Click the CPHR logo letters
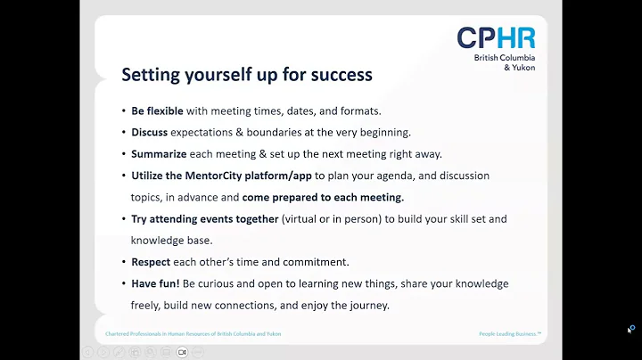tap(496, 38)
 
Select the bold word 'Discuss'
tap(149, 132)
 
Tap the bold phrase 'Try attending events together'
tap(204, 218)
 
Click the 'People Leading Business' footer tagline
tap(509, 333)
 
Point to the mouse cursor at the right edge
tap(630, 330)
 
